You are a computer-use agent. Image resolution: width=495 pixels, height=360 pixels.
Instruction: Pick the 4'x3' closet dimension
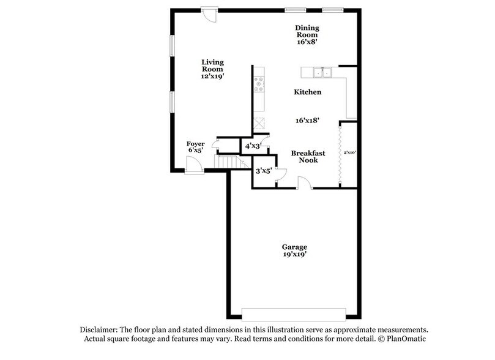coord(253,146)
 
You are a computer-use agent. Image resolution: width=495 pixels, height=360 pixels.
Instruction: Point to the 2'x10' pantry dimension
coord(349,151)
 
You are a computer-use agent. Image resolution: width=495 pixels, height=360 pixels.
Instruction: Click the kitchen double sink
coord(321,73)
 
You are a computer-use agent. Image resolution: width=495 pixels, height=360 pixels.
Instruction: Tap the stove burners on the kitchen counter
coord(258,83)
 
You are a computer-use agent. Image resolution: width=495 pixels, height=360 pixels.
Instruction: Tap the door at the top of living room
coord(210,14)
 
